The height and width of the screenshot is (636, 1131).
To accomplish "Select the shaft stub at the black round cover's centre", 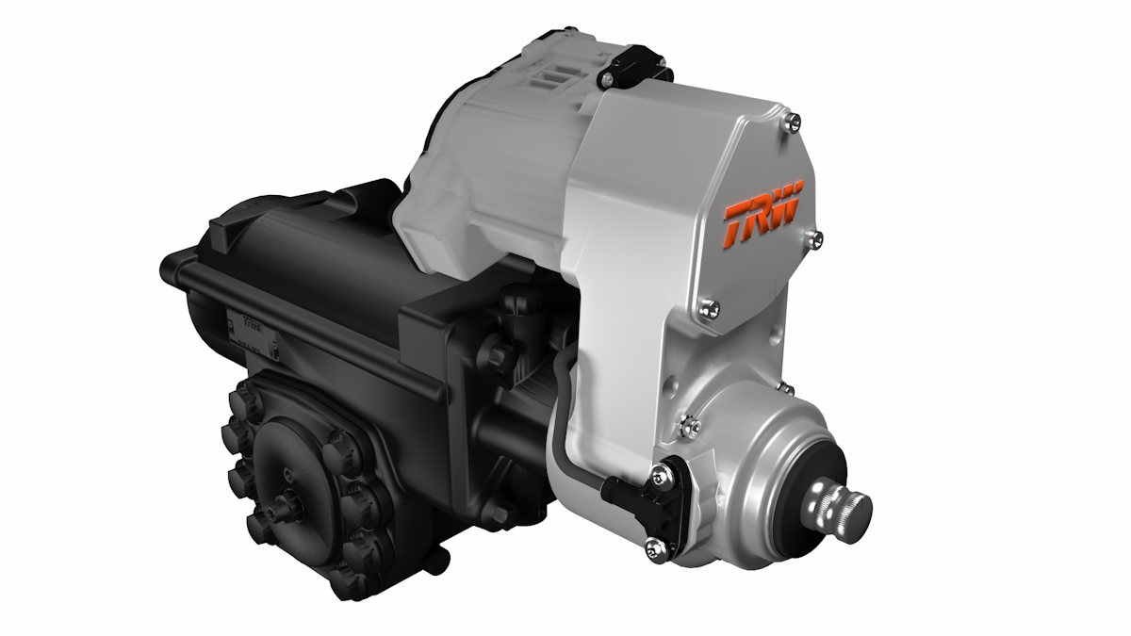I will pos(280,512).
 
